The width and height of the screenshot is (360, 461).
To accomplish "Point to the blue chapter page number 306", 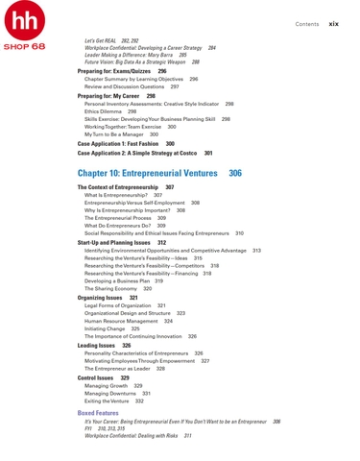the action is point(235,172).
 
